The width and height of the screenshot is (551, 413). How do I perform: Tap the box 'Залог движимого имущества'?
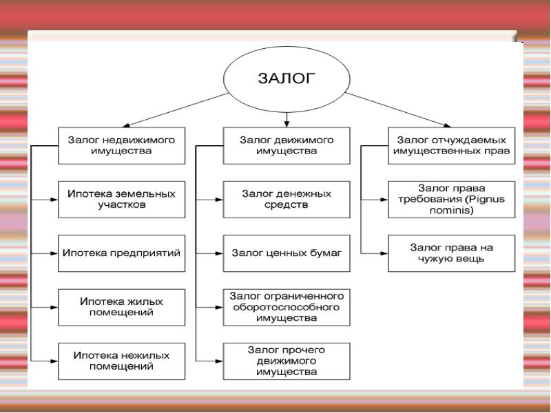pyautogui.click(x=287, y=145)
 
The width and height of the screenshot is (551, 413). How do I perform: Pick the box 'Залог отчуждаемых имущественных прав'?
pyautogui.click(x=450, y=145)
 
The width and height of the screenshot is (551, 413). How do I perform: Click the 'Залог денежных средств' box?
pyautogui.click(x=287, y=200)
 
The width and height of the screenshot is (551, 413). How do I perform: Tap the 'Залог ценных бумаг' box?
pyautogui.click(x=287, y=253)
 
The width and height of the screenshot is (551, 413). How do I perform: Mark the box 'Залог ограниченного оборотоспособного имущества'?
pyautogui.click(x=287, y=306)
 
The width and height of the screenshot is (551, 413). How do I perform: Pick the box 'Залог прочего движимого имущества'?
pyautogui.click(x=287, y=361)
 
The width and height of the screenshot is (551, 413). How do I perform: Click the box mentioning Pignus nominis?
pyautogui.click(x=450, y=200)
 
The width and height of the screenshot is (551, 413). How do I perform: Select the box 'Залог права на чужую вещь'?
pyautogui.click(x=450, y=253)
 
